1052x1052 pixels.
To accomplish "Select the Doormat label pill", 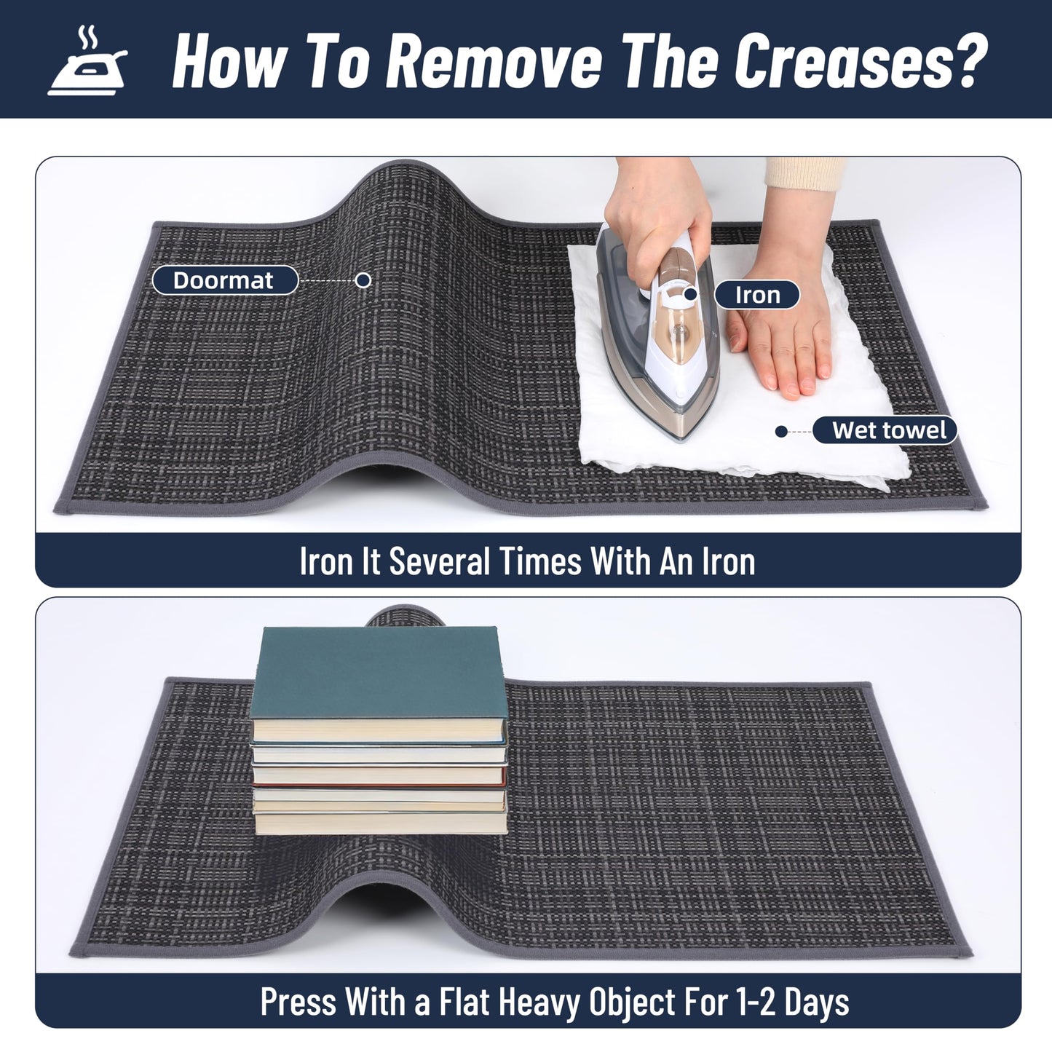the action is tap(225, 280).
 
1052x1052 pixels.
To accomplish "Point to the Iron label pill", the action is tap(757, 295).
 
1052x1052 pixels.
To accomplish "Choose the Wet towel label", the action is tap(885, 430).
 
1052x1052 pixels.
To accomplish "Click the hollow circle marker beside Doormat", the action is tap(363, 280).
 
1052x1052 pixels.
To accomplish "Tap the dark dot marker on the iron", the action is tap(691, 294).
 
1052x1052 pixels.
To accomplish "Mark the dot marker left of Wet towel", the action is tap(781, 432).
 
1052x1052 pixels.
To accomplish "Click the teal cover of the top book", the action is tap(379, 671).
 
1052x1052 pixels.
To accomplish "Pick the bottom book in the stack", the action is tap(381, 823).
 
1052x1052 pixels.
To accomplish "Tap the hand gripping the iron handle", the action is tap(658, 229).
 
